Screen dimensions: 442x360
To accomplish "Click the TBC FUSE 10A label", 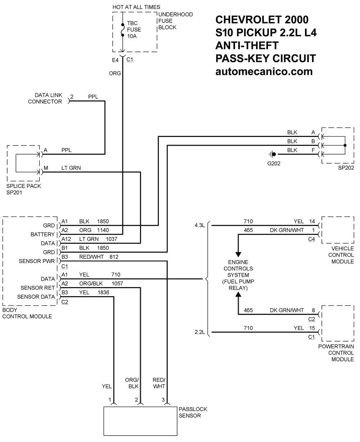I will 134,30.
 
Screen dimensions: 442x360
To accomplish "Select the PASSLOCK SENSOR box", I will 140,421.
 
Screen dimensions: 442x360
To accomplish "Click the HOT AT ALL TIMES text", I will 136,7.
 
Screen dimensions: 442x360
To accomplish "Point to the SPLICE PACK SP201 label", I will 24,189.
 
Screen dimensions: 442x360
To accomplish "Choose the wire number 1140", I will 103,230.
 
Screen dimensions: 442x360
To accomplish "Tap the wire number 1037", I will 112,239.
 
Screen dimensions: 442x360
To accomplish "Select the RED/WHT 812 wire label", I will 99,257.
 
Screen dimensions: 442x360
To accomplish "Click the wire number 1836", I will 103,293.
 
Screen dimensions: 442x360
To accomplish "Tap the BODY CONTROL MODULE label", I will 27,313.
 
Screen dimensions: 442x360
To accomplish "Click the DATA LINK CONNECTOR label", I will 45,98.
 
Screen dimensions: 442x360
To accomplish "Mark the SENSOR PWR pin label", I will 37,261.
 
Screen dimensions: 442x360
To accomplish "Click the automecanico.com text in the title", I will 264,71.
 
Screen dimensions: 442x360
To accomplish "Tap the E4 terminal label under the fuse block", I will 115,60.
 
